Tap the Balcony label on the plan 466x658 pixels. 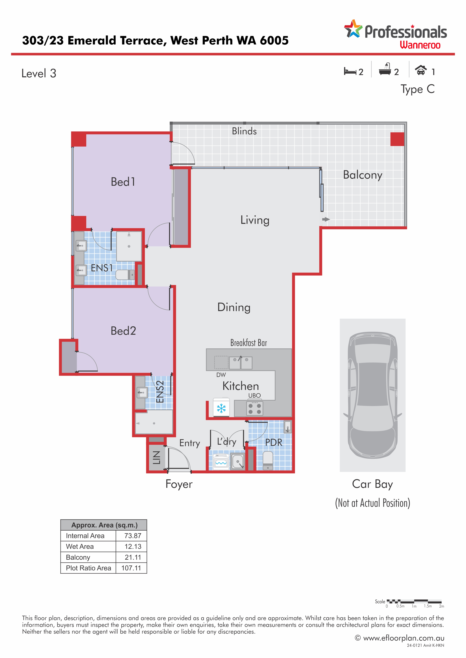click(x=363, y=175)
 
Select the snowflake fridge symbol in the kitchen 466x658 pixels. click(x=221, y=408)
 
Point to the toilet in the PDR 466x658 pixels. click(x=268, y=461)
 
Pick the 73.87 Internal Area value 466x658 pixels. click(x=133, y=536)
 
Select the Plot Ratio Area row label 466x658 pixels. click(x=88, y=568)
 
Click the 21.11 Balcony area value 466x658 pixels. click(x=133, y=557)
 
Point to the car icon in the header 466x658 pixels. click(x=421, y=70)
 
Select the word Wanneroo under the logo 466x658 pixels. click(x=420, y=45)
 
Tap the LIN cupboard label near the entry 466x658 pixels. click(x=156, y=457)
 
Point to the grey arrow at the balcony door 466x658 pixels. click(x=326, y=219)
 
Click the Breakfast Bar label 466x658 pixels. click(x=248, y=343)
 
